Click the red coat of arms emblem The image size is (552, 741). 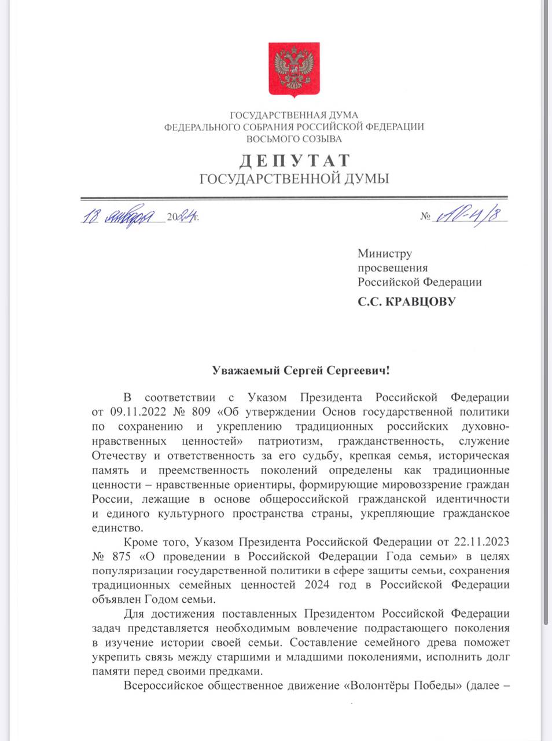(x=294, y=69)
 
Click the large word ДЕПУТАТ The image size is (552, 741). (x=294, y=160)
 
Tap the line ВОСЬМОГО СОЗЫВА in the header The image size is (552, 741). (x=294, y=139)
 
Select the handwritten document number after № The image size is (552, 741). (x=469, y=215)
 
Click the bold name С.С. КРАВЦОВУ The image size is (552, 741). (x=406, y=302)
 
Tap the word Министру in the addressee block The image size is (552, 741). (x=385, y=254)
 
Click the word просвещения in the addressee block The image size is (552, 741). (x=392, y=268)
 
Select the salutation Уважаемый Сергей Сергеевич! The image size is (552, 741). (x=300, y=370)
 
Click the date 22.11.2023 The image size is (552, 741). (x=481, y=542)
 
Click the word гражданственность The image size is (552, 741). (x=391, y=441)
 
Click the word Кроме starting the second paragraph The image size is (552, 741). (x=139, y=542)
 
